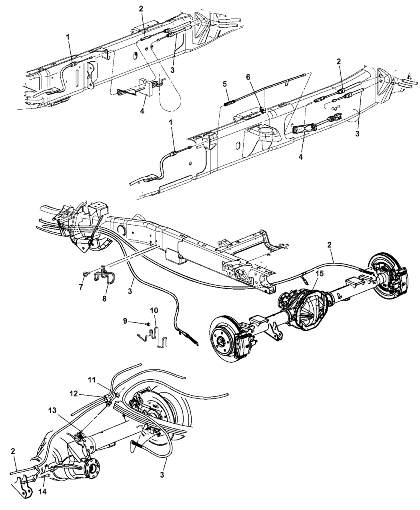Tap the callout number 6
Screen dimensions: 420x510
pyautogui.click(x=248, y=77)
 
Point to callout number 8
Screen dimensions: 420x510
pyautogui.click(x=104, y=298)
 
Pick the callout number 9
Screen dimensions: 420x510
pyautogui.click(x=125, y=321)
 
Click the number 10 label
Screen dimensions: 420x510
pyautogui.click(x=154, y=310)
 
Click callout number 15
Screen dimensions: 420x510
pyautogui.click(x=320, y=274)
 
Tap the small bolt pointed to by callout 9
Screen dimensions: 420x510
pyautogui.click(x=148, y=324)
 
